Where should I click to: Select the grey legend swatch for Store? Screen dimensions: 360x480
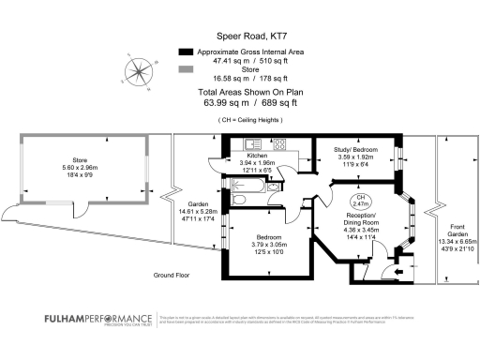point(186,69)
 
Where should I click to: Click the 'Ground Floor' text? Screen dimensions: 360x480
point(172,276)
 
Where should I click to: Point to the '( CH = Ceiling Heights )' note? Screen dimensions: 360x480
point(239,120)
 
